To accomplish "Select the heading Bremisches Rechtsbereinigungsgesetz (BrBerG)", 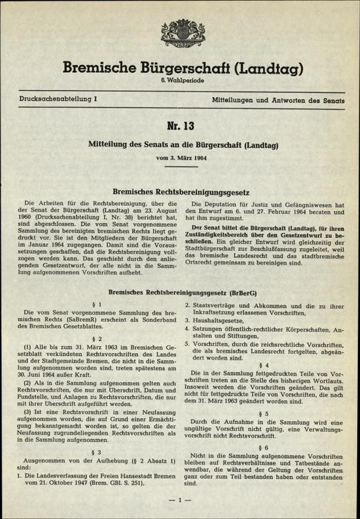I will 180,294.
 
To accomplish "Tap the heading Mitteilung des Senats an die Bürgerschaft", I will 180,144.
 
